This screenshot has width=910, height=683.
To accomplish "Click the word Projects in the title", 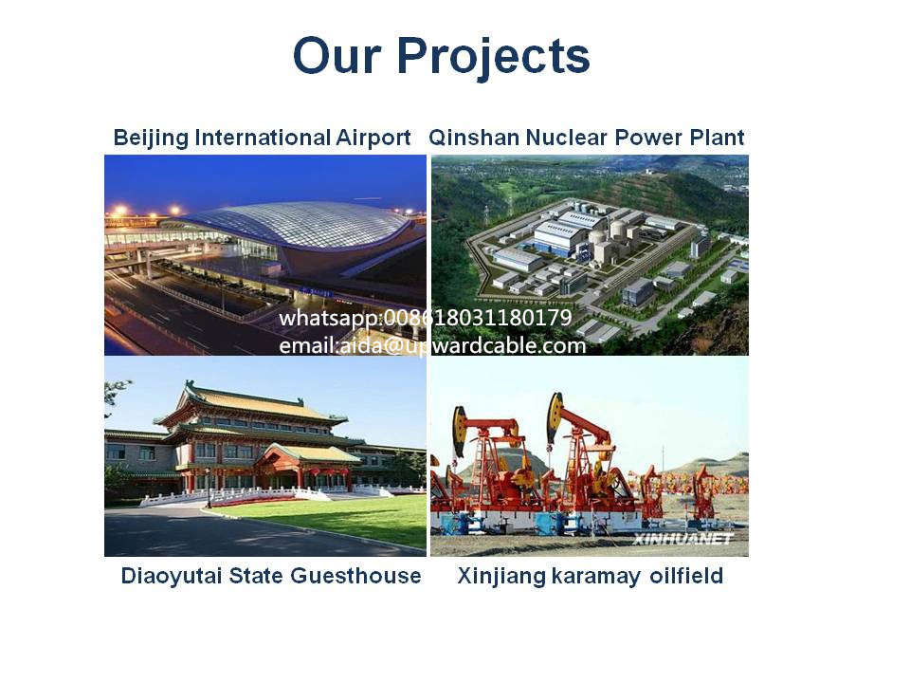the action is [493, 57].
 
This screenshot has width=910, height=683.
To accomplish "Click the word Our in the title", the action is [337, 56].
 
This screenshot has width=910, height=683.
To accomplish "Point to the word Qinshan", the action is [474, 138].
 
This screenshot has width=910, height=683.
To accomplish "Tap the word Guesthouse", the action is [355, 576].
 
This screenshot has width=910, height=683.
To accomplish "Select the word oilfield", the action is [686, 576].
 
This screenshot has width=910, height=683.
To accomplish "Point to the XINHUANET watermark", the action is [683, 540].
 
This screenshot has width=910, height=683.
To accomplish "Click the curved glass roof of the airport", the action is [301, 224].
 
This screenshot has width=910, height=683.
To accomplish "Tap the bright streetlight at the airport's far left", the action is [120, 210].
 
